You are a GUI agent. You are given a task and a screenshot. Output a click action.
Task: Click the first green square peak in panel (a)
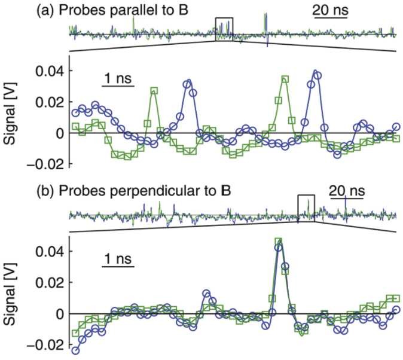click(x=154, y=90)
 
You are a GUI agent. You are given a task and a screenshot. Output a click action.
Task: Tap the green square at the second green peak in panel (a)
click(x=285, y=78)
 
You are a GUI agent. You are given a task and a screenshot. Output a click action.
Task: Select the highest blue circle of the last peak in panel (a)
click(x=315, y=72)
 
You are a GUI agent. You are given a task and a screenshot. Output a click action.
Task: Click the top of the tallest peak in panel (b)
click(x=278, y=242)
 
